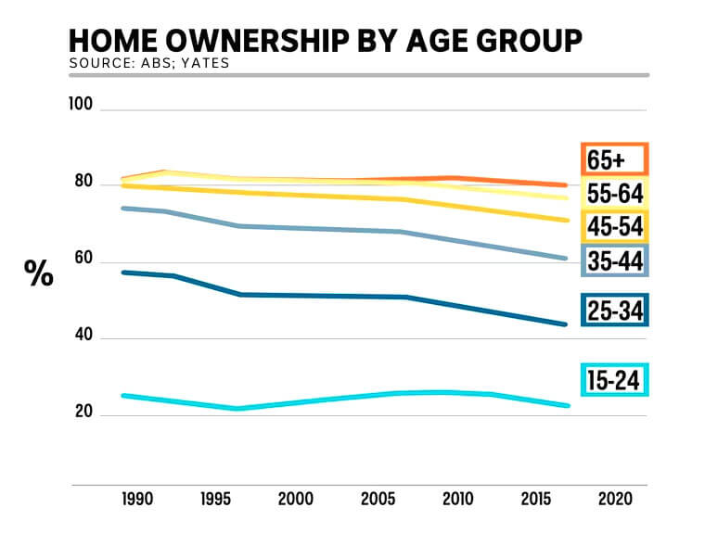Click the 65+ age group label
(x=613, y=159)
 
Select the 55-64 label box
(x=613, y=193)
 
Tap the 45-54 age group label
(x=613, y=226)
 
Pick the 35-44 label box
(x=613, y=260)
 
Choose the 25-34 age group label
(x=613, y=310)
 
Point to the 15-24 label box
(x=613, y=379)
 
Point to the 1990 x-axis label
(x=137, y=500)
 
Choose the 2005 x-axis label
(x=374, y=500)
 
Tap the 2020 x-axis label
(x=614, y=500)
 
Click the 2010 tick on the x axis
(x=455, y=500)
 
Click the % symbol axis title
(x=39, y=273)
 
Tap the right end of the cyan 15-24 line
(x=568, y=405)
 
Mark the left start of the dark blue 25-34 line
(x=123, y=272)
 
